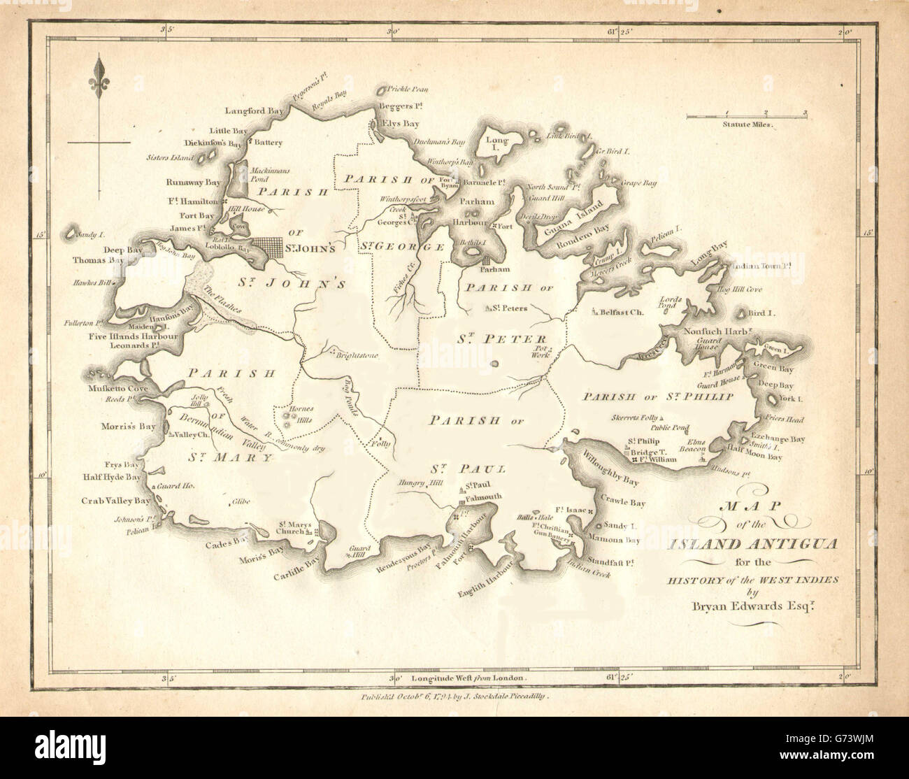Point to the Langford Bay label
pos(248,110)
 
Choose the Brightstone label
pos(357,356)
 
